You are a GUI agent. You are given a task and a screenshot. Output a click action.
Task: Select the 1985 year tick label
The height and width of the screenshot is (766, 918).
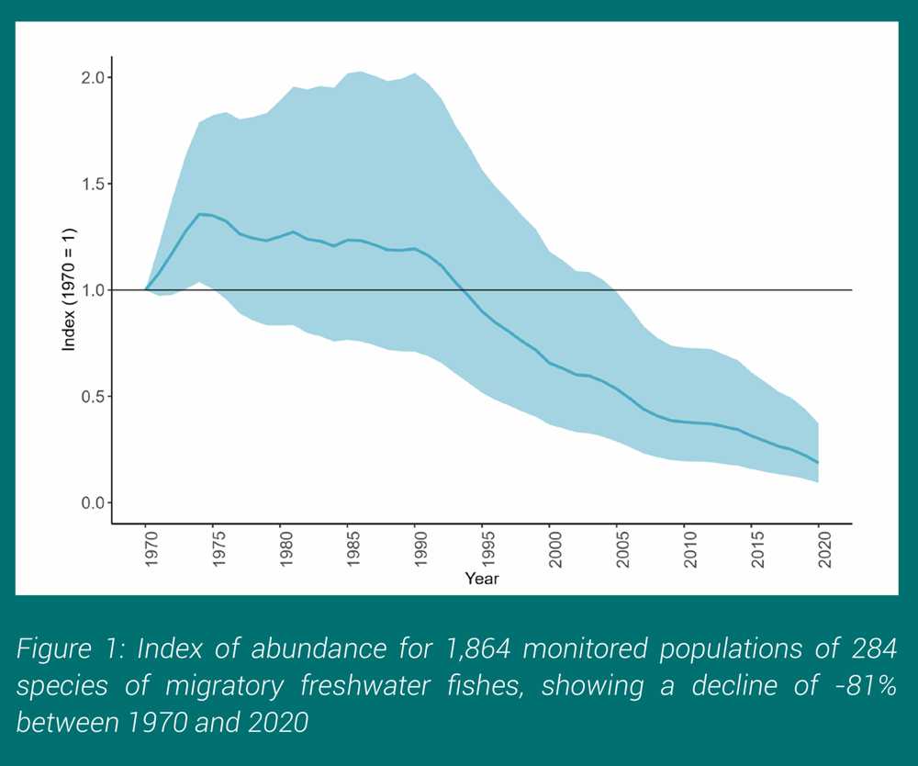[x=349, y=549]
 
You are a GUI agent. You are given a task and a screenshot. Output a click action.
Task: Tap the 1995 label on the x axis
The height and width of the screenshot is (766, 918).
[x=483, y=549]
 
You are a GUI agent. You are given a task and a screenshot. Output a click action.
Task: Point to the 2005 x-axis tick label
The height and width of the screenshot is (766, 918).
[x=618, y=549]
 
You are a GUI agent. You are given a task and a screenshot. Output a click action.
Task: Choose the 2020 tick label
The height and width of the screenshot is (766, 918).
[x=820, y=549]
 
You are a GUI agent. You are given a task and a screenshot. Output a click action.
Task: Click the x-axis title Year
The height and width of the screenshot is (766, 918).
[x=482, y=580]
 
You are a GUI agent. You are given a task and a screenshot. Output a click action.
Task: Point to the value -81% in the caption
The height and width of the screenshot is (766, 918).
[x=863, y=685]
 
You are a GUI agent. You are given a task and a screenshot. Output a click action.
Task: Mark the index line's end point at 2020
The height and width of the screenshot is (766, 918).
[x=818, y=462]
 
